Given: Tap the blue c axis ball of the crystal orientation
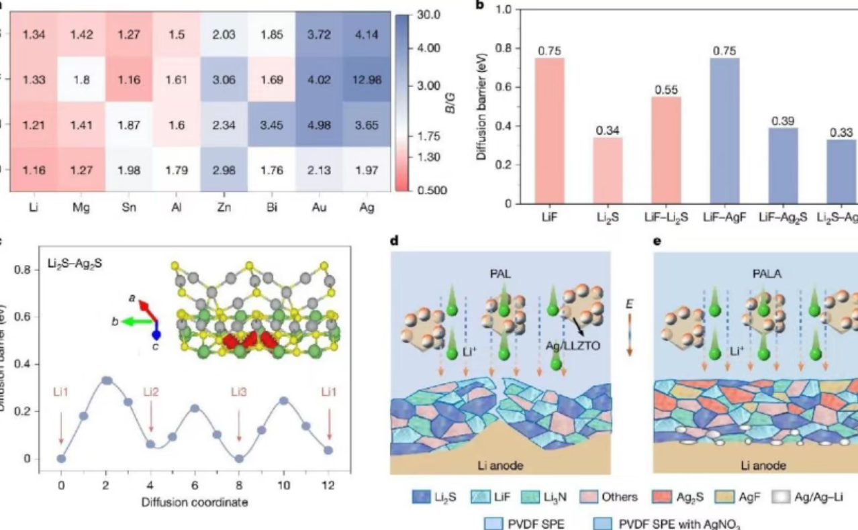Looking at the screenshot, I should (156, 335).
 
